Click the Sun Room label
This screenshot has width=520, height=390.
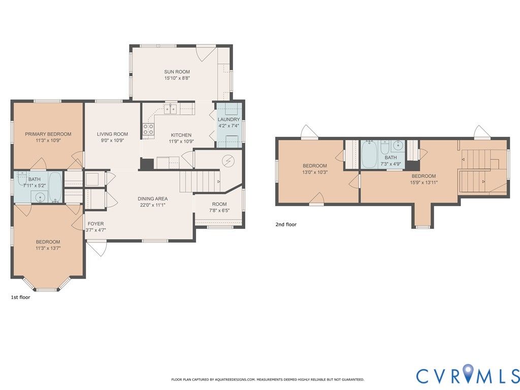coord(177,72)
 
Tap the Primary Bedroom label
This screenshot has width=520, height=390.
coord(48,134)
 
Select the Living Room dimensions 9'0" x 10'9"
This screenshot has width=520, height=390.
coord(112,140)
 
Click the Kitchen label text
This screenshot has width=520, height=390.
coord(181,135)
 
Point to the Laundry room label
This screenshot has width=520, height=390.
coord(229,119)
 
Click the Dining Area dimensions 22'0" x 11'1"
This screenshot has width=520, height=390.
coord(152,205)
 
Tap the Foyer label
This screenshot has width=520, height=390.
coord(95,224)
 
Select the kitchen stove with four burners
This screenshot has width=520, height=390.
coord(148,129)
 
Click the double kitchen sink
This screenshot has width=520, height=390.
coord(171,109)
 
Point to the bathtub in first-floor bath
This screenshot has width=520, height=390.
coord(55,187)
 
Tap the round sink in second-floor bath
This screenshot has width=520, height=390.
coord(398,145)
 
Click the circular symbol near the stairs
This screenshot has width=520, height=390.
coord(228,161)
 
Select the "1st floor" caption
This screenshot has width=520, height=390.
coord(20,297)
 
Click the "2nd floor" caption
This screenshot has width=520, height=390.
coord(286,225)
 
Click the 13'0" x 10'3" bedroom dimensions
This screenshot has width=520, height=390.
coord(315,172)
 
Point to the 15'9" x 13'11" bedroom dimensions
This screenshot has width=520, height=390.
coord(424,183)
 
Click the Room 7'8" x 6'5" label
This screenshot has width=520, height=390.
coord(219,207)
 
